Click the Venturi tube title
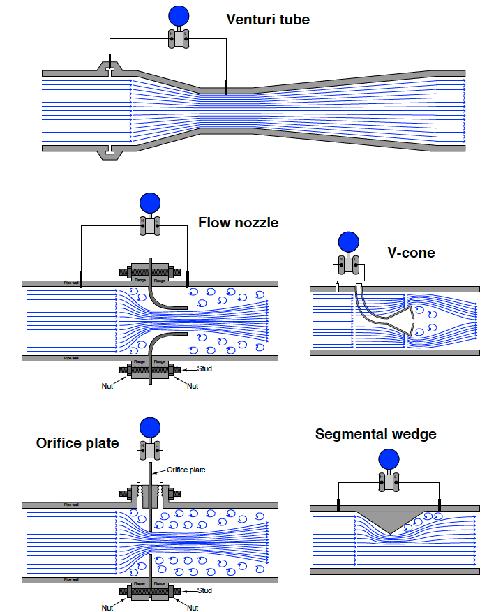pos(267,20)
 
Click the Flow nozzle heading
pos(238,223)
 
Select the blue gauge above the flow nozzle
pos(150,203)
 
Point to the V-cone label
pos(411,253)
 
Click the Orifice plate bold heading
pos(77,444)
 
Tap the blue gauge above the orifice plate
pos(150,427)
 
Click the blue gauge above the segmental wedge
pos(389,458)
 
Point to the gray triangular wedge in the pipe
pos(389,519)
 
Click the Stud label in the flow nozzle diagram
pos(204,368)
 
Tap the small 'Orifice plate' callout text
pos(186,470)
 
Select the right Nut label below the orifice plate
pos(193,608)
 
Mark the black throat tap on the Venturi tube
pos(226,87)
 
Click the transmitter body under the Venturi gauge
pos(180,40)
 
